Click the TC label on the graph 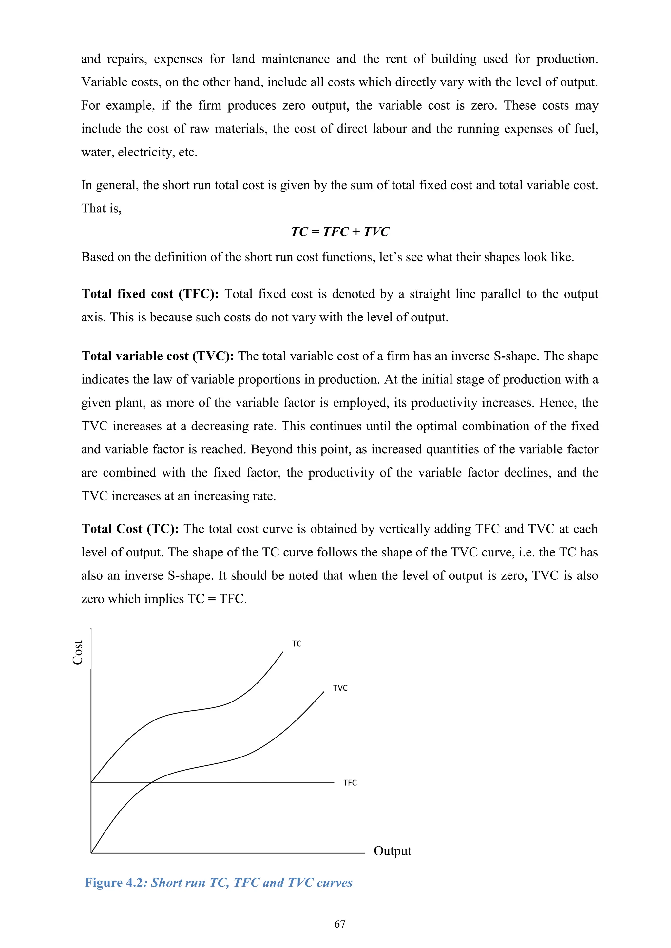(x=297, y=644)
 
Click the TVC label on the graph (x=340, y=688)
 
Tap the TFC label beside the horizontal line (x=350, y=783)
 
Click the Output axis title (x=392, y=851)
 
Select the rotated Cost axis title (x=78, y=652)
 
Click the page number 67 (x=340, y=924)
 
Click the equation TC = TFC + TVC (x=340, y=232)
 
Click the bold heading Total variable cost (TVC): (x=157, y=356)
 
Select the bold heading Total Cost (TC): (x=130, y=529)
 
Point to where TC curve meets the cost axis (x=91, y=782)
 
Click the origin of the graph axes (x=91, y=853)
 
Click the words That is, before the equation (x=101, y=209)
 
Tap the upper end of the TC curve (x=283, y=652)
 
